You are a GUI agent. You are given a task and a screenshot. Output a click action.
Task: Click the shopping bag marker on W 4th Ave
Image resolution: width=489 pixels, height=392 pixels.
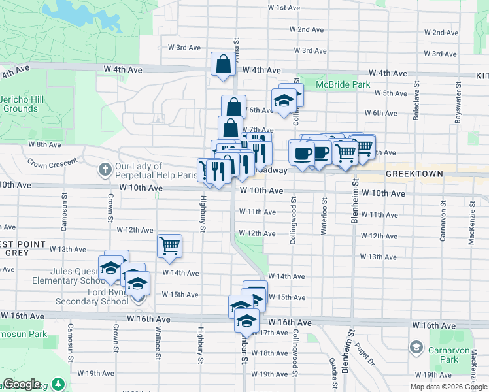(x=223, y=65)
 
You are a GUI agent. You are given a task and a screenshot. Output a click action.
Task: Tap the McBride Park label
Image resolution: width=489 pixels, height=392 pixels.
(x=343, y=84)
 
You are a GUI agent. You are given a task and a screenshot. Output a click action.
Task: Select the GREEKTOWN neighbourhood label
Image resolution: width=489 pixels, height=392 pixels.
(x=414, y=174)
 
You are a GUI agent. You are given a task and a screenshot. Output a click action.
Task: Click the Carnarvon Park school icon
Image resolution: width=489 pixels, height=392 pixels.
(x=416, y=346)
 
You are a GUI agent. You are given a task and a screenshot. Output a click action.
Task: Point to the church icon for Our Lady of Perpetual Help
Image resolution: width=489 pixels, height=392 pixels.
(x=105, y=171)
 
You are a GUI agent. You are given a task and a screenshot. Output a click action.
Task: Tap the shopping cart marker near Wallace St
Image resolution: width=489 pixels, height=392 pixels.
(x=169, y=246)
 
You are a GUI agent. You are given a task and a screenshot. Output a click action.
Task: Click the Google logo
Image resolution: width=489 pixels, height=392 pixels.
(x=22, y=384)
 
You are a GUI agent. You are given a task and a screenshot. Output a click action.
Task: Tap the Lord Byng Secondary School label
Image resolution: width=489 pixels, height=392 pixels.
(x=92, y=296)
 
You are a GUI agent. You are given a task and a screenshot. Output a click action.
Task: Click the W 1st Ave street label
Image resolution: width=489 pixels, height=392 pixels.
(x=284, y=8)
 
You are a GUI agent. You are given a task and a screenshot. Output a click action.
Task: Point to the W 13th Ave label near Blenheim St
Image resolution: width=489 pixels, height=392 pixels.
(x=383, y=257)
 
